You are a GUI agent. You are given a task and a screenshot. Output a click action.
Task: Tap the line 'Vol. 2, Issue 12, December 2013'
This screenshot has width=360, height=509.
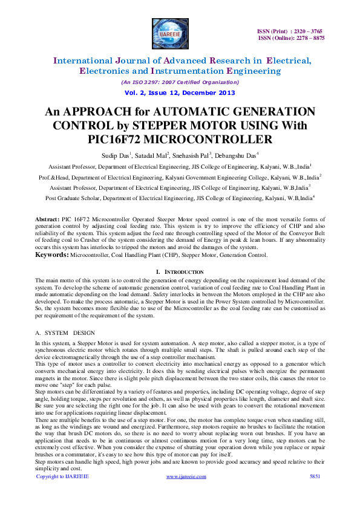pos(180,92)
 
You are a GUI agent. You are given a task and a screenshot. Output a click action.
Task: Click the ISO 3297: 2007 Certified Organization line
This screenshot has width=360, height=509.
pos(180,82)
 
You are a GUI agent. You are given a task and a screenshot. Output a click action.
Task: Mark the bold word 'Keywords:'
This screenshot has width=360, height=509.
pos(52,256)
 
